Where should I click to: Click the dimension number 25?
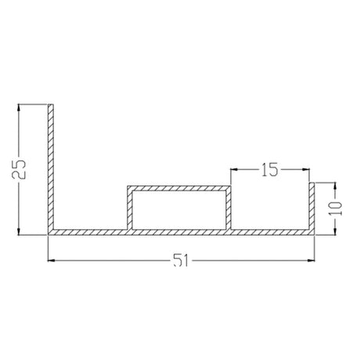pyautogui.click(x=19, y=169)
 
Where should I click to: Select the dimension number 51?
pyautogui.click(x=181, y=261)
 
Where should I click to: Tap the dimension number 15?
pyautogui.click(x=270, y=170)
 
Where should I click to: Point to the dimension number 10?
pyautogui.click(x=336, y=208)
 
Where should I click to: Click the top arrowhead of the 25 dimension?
pyautogui.click(x=18, y=107)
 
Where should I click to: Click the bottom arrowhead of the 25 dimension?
pyautogui.click(x=18, y=232)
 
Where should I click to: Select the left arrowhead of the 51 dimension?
pyautogui.click(x=51, y=261)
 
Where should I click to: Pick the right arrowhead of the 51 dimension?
pyautogui.click(x=311, y=261)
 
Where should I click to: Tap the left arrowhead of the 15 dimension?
pyautogui.click(x=234, y=169)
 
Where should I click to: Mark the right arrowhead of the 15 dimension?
pyautogui.click(x=306, y=169)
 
